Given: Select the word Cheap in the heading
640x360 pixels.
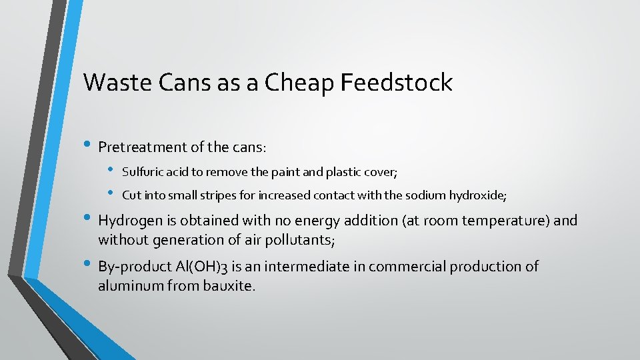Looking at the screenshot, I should pyautogui.click(x=298, y=83).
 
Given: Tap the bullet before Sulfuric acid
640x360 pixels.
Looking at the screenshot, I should pyautogui.click(x=111, y=171).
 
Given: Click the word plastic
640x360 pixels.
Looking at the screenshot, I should pyautogui.click(x=343, y=172).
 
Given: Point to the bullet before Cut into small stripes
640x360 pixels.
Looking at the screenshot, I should pyautogui.click(x=111, y=194).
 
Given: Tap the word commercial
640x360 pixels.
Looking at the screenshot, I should pyautogui.click(x=407, y=267).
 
